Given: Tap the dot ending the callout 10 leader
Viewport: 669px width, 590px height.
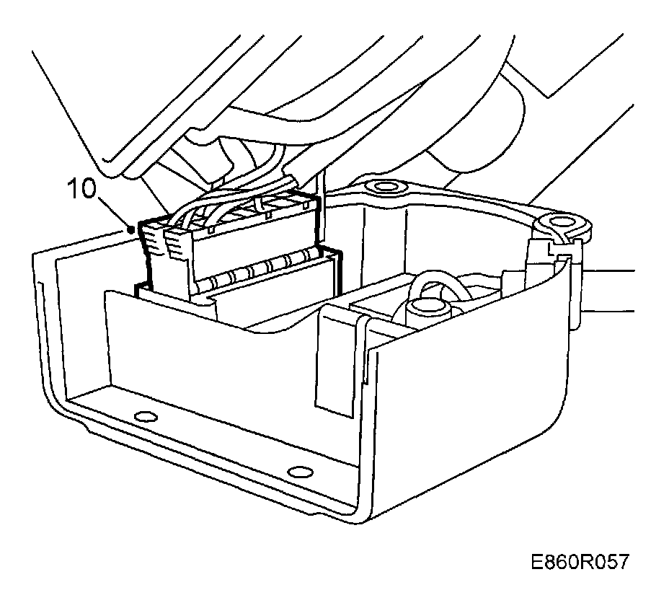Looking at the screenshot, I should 130,229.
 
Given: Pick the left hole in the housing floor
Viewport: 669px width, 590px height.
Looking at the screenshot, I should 144,415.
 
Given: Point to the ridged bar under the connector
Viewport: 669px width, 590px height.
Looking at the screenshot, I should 260,275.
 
